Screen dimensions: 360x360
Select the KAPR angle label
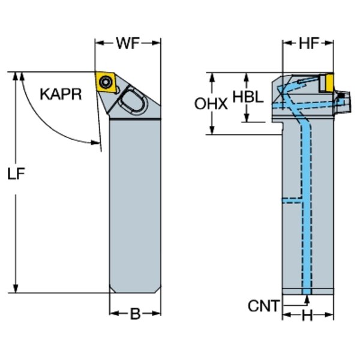[x=61, y=94]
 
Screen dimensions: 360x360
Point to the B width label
[x=135, y=313]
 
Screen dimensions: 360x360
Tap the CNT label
[x=263, y=307]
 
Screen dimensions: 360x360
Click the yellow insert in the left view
[x=107, y=82]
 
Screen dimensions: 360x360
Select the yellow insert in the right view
[x=326, y=83]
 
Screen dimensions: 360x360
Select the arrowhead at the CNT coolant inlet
[x=307, y=294]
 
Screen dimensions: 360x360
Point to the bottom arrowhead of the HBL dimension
[x=247, y=118]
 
